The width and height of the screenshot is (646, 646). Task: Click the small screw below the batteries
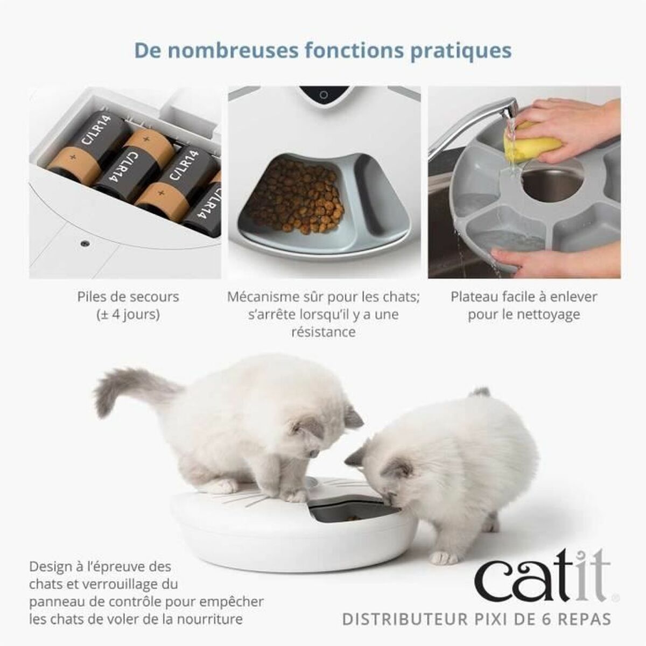(84, 243)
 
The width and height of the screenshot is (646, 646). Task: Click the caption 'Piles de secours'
(128, 297)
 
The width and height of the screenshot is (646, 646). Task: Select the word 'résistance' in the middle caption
(323, 332)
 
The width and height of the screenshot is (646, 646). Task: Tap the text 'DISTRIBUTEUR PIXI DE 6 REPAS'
(476, 619)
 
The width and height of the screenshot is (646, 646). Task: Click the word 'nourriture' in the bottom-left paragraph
(209, 619)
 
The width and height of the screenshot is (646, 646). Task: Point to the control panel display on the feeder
(323, 95)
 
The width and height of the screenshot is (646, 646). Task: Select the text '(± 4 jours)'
(128, 314)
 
